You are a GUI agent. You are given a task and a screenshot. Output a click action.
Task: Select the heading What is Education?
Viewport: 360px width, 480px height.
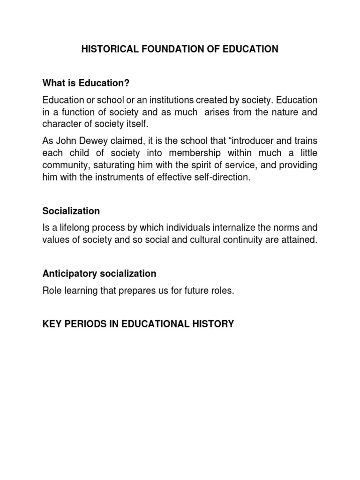tap(86, 83)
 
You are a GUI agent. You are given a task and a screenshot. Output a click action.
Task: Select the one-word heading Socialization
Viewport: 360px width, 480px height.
tap(71, 211)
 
